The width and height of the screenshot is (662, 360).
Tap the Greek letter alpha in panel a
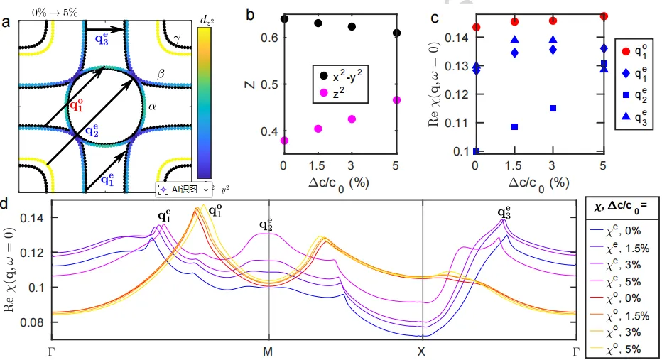(151, 107)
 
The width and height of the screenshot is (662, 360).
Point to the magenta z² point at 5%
(396, 100)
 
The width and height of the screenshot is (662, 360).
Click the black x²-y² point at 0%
(284, 19)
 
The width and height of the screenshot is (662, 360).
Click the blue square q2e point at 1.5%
(514, 127)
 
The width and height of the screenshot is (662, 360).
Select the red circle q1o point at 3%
(553, 21)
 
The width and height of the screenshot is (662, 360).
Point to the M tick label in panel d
(268, 351)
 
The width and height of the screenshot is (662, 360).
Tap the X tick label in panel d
(423, 351)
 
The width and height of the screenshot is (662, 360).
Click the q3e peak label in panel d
(504, 212)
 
